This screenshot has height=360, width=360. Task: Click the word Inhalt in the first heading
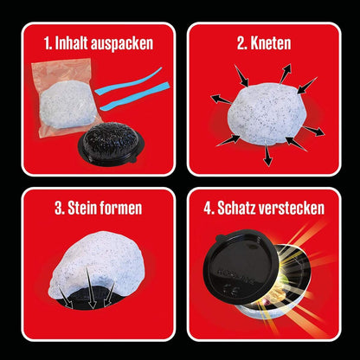[71, 43]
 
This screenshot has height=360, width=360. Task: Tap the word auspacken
[122, 44]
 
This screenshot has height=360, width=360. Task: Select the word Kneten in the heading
[271, 43]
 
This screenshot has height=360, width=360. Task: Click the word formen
[122, 209]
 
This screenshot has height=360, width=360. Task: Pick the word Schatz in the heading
[235, 208]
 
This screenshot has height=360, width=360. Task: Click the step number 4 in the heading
[208, 209]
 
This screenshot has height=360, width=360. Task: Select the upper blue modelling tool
[128, 81]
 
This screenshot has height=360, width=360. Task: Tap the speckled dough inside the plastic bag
[67, 104]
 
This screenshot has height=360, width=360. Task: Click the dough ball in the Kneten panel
[266, 113]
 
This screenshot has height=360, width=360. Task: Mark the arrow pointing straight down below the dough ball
[267, 155]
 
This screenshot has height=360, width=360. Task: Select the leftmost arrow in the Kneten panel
[222, 100]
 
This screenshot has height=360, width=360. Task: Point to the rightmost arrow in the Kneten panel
[313, 131]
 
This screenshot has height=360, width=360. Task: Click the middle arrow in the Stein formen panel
[91, 287]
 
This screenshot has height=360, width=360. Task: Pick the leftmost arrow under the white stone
[65, 296]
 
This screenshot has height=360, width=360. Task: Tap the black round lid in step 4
[241, 267]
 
